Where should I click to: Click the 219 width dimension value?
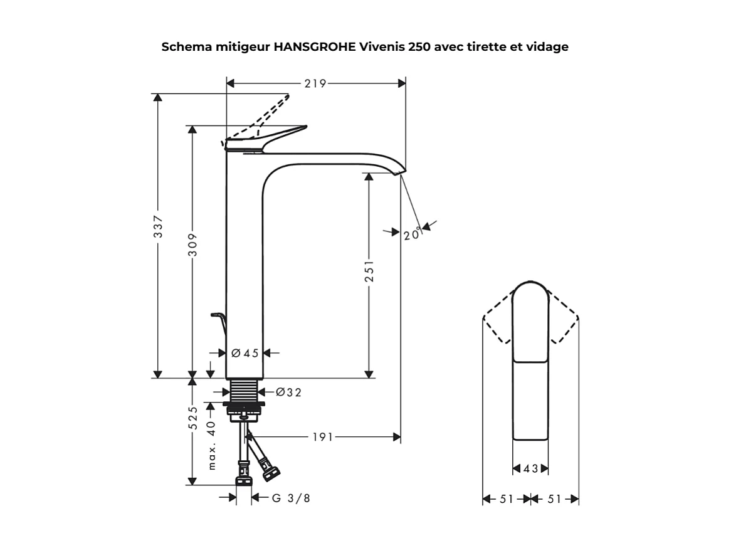pos(315,83)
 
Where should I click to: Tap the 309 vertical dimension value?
pos(193,245)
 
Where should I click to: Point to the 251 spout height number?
pos(369,271)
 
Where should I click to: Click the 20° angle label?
pos(412,235)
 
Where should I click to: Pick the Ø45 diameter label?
pos(245,353)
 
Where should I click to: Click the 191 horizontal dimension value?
pos(323,437)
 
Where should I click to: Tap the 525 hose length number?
pos(193,418)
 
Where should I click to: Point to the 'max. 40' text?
pos(211,445)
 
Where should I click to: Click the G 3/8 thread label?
pos(291,498)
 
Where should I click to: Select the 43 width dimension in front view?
pos(530,469)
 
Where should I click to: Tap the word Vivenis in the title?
pos(382,47)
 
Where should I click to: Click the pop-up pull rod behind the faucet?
pos(218,320)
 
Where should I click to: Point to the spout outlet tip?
pos(399,173)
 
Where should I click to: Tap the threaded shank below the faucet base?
pos(244,392)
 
